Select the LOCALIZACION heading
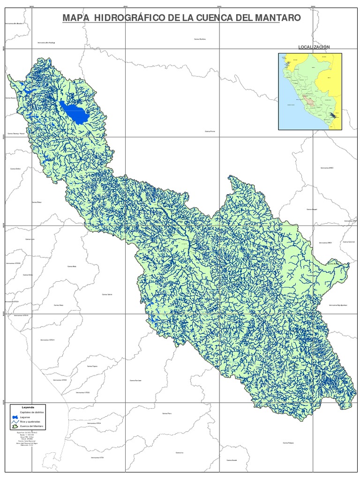(314, 47)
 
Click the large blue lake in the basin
(75, 112)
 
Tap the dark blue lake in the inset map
(333, 115)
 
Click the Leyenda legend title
(28, 408)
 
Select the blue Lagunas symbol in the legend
(15, 417)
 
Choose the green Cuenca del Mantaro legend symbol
(15, 427)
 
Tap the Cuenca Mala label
(72, 266)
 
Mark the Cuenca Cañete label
(107, 294)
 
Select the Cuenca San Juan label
(135, 381)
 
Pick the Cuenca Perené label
(210, 132)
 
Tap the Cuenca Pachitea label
(200, 39)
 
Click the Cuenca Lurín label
(30, 239)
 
